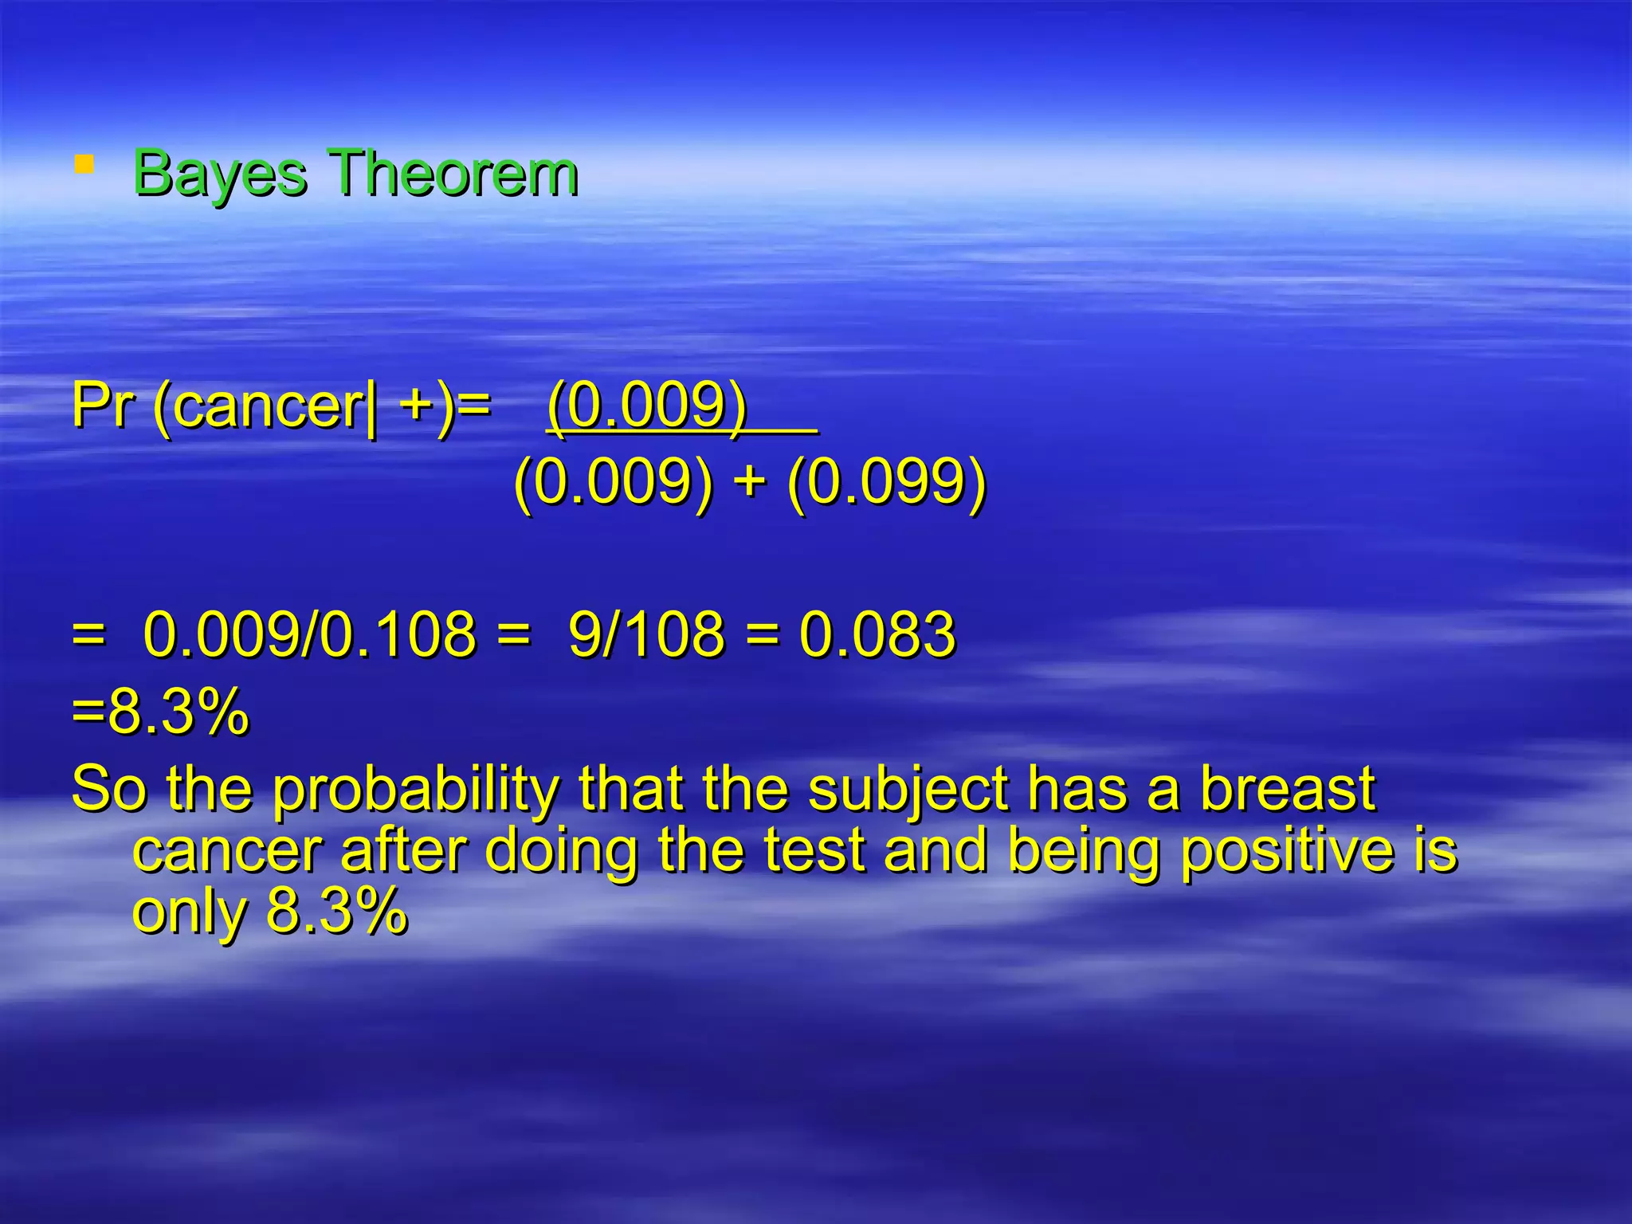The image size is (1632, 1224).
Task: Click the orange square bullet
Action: pyautogui.click(x=84, y=164)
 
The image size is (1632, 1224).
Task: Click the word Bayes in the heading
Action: pyautogui.click(x=219, y=173)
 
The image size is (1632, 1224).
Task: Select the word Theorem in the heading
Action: pyautogui.click(x=453, y=173)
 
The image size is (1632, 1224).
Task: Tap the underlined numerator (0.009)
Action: pyautogui.click(x=647, y=406)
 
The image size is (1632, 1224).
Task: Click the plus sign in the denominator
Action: pyautogui.click(x=749, y=483)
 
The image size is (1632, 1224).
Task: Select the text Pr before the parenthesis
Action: pyautogui.click(x=102, y=406)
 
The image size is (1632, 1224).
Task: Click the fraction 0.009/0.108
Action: pyautogui.click(x=309, y=634)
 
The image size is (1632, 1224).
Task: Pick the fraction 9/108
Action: pyautogui.click(x=646, y=634)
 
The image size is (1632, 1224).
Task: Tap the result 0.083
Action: pyautogui.click(x=877, y=634)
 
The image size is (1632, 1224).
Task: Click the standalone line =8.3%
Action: pyautogui.click(x=159, y=711)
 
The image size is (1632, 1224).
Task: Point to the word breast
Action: pyautogui.click(x=1288, y=789)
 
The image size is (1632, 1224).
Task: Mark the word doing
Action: pyautogui.click(x=561, y=851)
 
